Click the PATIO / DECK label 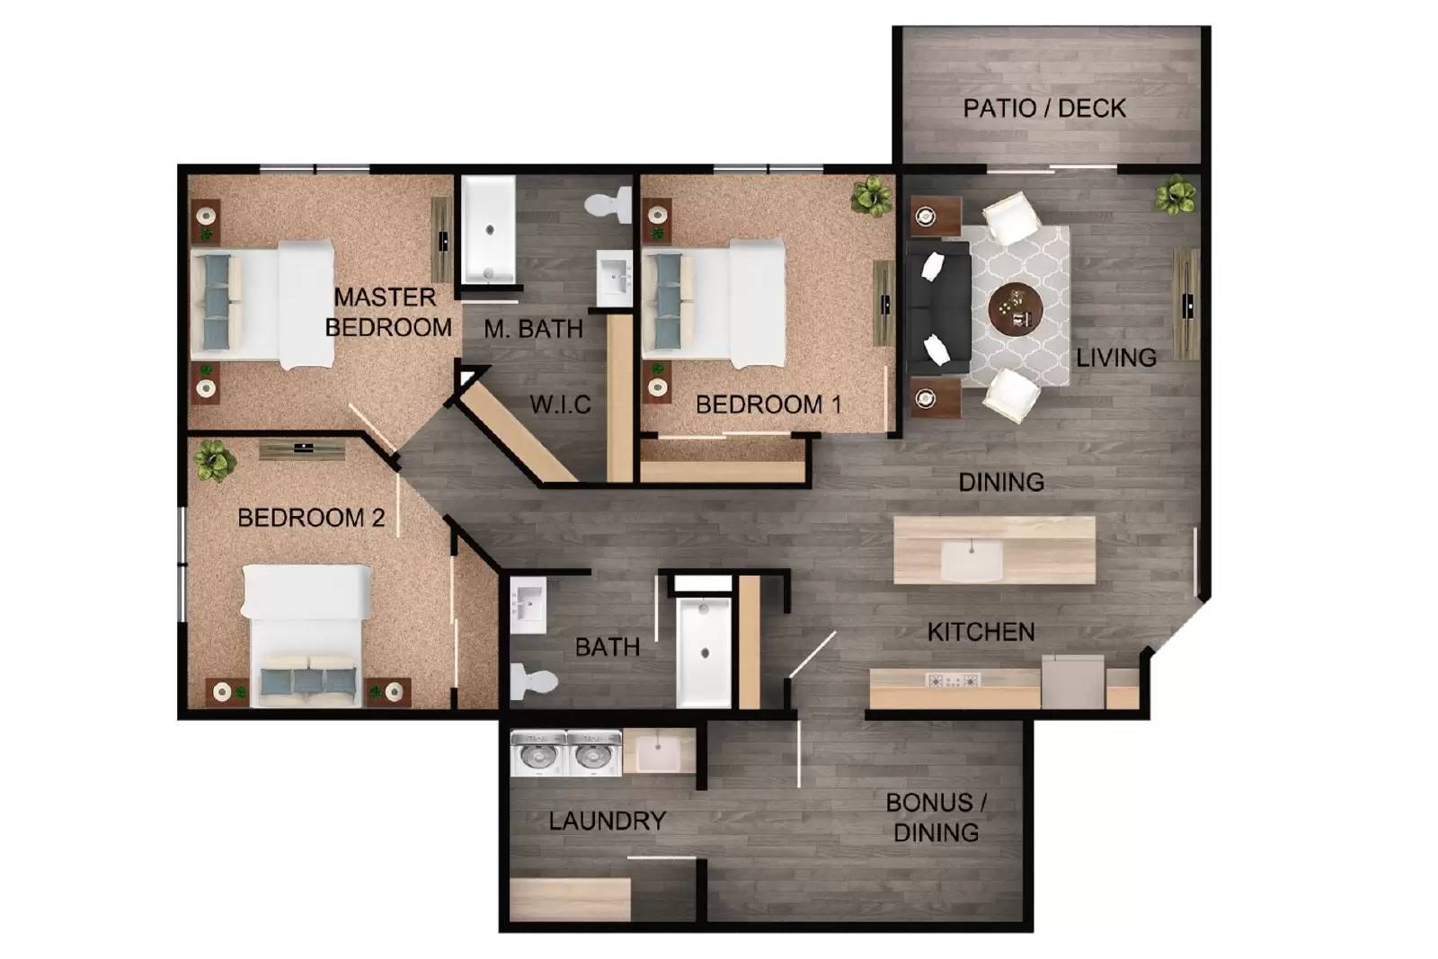(x=1043, y=109)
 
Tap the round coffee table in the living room (x=1015, y=308)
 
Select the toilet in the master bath (x=611, y=204)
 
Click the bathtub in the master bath (x=488, y=229)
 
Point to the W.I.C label (x=560, y=404)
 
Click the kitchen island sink (x=971, y=560)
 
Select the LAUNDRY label (x=607, y=821)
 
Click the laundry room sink (x=659, y=750)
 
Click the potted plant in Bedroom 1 (x=871, y=195)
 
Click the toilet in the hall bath (x=533, y=681)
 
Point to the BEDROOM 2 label (x=311, y=518)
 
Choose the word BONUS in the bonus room (x=928, y=803)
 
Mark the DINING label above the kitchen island (x=1001, y=483)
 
